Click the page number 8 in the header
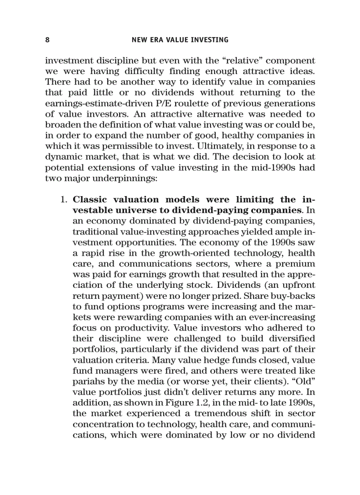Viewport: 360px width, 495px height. pos(47,40)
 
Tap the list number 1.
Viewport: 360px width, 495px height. pos(63,200)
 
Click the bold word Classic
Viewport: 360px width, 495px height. pos(91,200)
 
